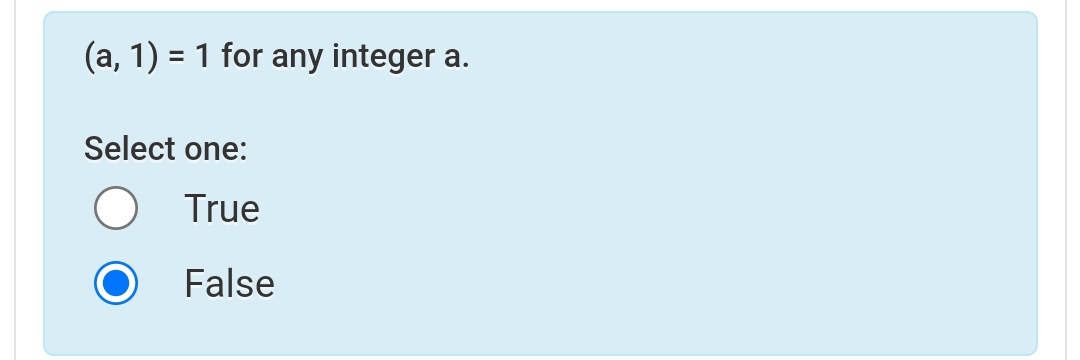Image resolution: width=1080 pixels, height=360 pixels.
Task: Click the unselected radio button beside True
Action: tap(116, 209)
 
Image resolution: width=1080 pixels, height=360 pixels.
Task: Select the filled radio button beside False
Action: tap(116, 284)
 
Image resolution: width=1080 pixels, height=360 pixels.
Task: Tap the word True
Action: tap(222, 209)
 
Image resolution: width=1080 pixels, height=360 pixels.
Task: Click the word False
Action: tap(229, 284)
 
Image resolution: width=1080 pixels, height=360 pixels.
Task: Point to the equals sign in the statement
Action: tap(173, 58)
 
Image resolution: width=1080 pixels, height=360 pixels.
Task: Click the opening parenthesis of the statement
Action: tap(89, 58)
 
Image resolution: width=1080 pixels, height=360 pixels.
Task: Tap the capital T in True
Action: tap(195, 209)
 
